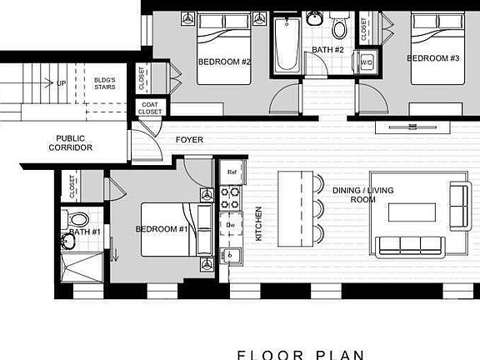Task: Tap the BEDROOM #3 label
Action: click(x=432, y=58)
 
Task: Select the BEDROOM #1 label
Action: click(x=162, y=228)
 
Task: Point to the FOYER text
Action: click(x=189, y=140)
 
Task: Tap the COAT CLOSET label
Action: click(x=150, y=108)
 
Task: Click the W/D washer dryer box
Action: click(x=366, y=62)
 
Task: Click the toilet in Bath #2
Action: click(x=339, y=30)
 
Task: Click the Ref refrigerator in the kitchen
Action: click(x=232, y=173)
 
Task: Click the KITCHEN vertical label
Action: click(x=258, y=223)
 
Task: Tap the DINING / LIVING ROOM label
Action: click(x=362, y=195)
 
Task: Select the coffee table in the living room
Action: click(x=413, y=211)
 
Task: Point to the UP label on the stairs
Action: click(x=62, y=83)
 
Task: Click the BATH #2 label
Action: click(x=328, y=50)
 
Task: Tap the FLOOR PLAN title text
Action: click(x=301, y=354)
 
